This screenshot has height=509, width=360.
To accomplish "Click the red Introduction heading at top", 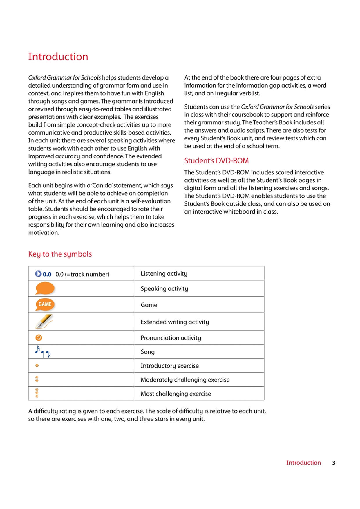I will click(x=58, y=57).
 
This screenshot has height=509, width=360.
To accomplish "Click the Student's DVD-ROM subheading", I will click(x=216, y=160).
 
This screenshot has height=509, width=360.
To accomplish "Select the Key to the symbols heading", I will click(x=60, y=254).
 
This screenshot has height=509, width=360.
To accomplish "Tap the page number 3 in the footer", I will click(x=334, y=463).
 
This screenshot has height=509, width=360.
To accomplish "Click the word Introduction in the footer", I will click(x=303, y=463).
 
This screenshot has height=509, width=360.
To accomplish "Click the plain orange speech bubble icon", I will click(x=45, y=288).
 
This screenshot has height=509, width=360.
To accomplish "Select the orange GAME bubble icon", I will click(x=45, y=304).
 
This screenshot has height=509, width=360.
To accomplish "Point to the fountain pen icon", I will click(x=44, y=322).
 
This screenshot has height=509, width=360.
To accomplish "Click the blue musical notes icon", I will click(x=42, y=351).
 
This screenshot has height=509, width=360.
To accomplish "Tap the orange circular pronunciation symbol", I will click(x=39, y=337).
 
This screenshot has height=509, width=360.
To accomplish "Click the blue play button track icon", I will click(x=38, y=274).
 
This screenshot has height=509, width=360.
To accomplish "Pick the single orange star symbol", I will click(x=37, y=365).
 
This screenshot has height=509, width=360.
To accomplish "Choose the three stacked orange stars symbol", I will click(x=37, y=393).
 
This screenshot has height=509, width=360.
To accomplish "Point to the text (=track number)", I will click(x=86, y=274).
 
